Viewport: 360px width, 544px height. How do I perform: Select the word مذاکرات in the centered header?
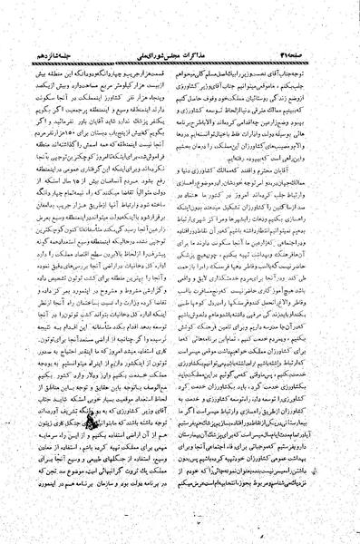tap(208, 12)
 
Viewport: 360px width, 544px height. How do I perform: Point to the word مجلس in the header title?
tap(182, 12)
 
